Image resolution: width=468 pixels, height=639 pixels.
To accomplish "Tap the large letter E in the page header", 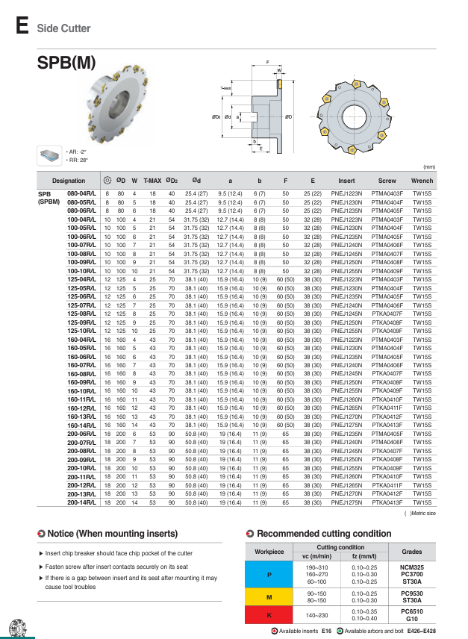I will pyautogui.click(x=22, y=28).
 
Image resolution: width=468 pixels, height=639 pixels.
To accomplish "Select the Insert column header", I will pyautogui.click(x=346, y=180).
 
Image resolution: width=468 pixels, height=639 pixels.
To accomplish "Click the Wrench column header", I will pyautogui.click(x=422, y=180).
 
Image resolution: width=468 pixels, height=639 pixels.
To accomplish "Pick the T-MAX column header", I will pyautogui.click(x=152, y=180).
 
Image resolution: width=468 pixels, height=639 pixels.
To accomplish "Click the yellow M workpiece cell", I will pyautogui.click(x=269, y=596).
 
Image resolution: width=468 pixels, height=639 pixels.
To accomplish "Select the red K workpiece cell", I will pyautogui.click(x=269, y=615).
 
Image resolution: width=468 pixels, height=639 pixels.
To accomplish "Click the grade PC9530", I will pyautogui.click(x=411, y=593).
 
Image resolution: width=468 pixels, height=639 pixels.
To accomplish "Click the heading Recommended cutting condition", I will pyautogui.click(x=313, y=534).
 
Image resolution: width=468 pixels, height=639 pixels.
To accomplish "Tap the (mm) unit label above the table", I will pyautogui.click(x=429, y=166).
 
